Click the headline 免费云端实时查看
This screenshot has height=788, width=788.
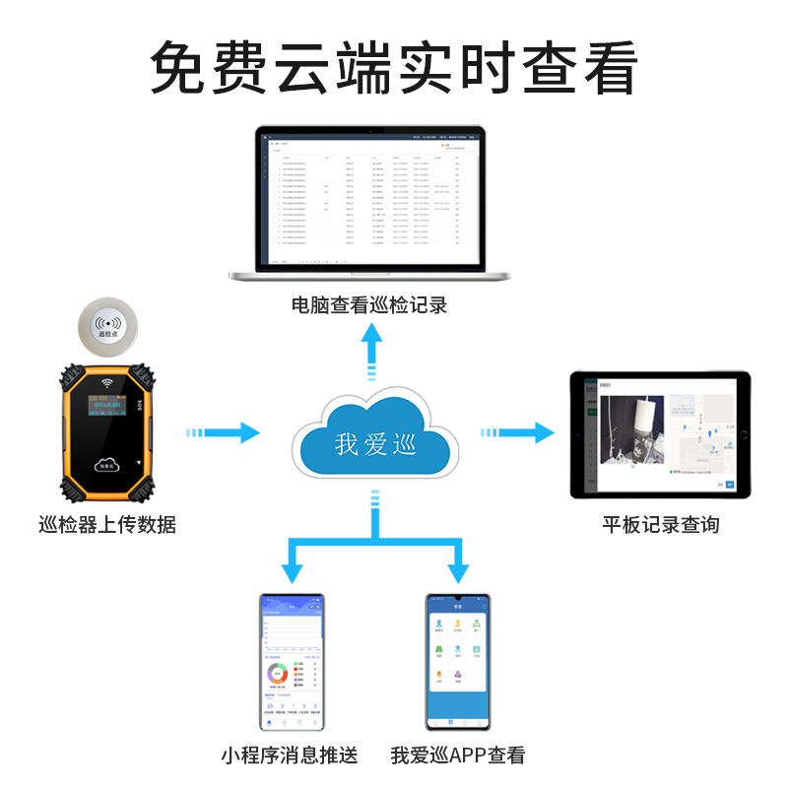[394, 67]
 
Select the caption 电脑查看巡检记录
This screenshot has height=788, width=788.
[369, 305]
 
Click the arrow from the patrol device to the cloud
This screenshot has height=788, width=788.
[225, 431]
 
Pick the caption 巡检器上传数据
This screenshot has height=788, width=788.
[106, 525]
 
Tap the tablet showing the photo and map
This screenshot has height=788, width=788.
[661, 433]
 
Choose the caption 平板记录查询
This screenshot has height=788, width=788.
[661, 525]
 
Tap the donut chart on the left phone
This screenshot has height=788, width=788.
[278, 677]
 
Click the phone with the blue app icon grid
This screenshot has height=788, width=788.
[457, 660]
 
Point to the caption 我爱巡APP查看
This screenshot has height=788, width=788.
[458, 756]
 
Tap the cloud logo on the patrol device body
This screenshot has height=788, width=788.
[107, 463]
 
